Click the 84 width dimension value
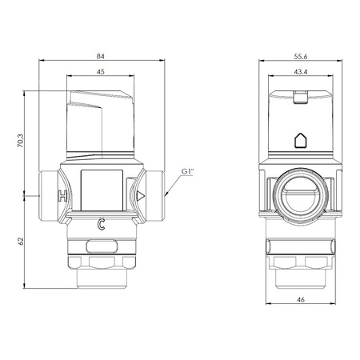(x=101, y=56)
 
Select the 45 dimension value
(x=101, y=72)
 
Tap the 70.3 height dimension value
(x=21, y=141)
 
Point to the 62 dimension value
(x=21, y=242)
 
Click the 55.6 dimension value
(x=301, y=57)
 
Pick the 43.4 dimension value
(x=301, y=72)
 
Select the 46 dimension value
(x=301, y=300)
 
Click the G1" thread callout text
(x=187, y=171)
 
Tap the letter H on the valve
(x=63, y=196)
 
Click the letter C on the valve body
(x=101, y=224)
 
